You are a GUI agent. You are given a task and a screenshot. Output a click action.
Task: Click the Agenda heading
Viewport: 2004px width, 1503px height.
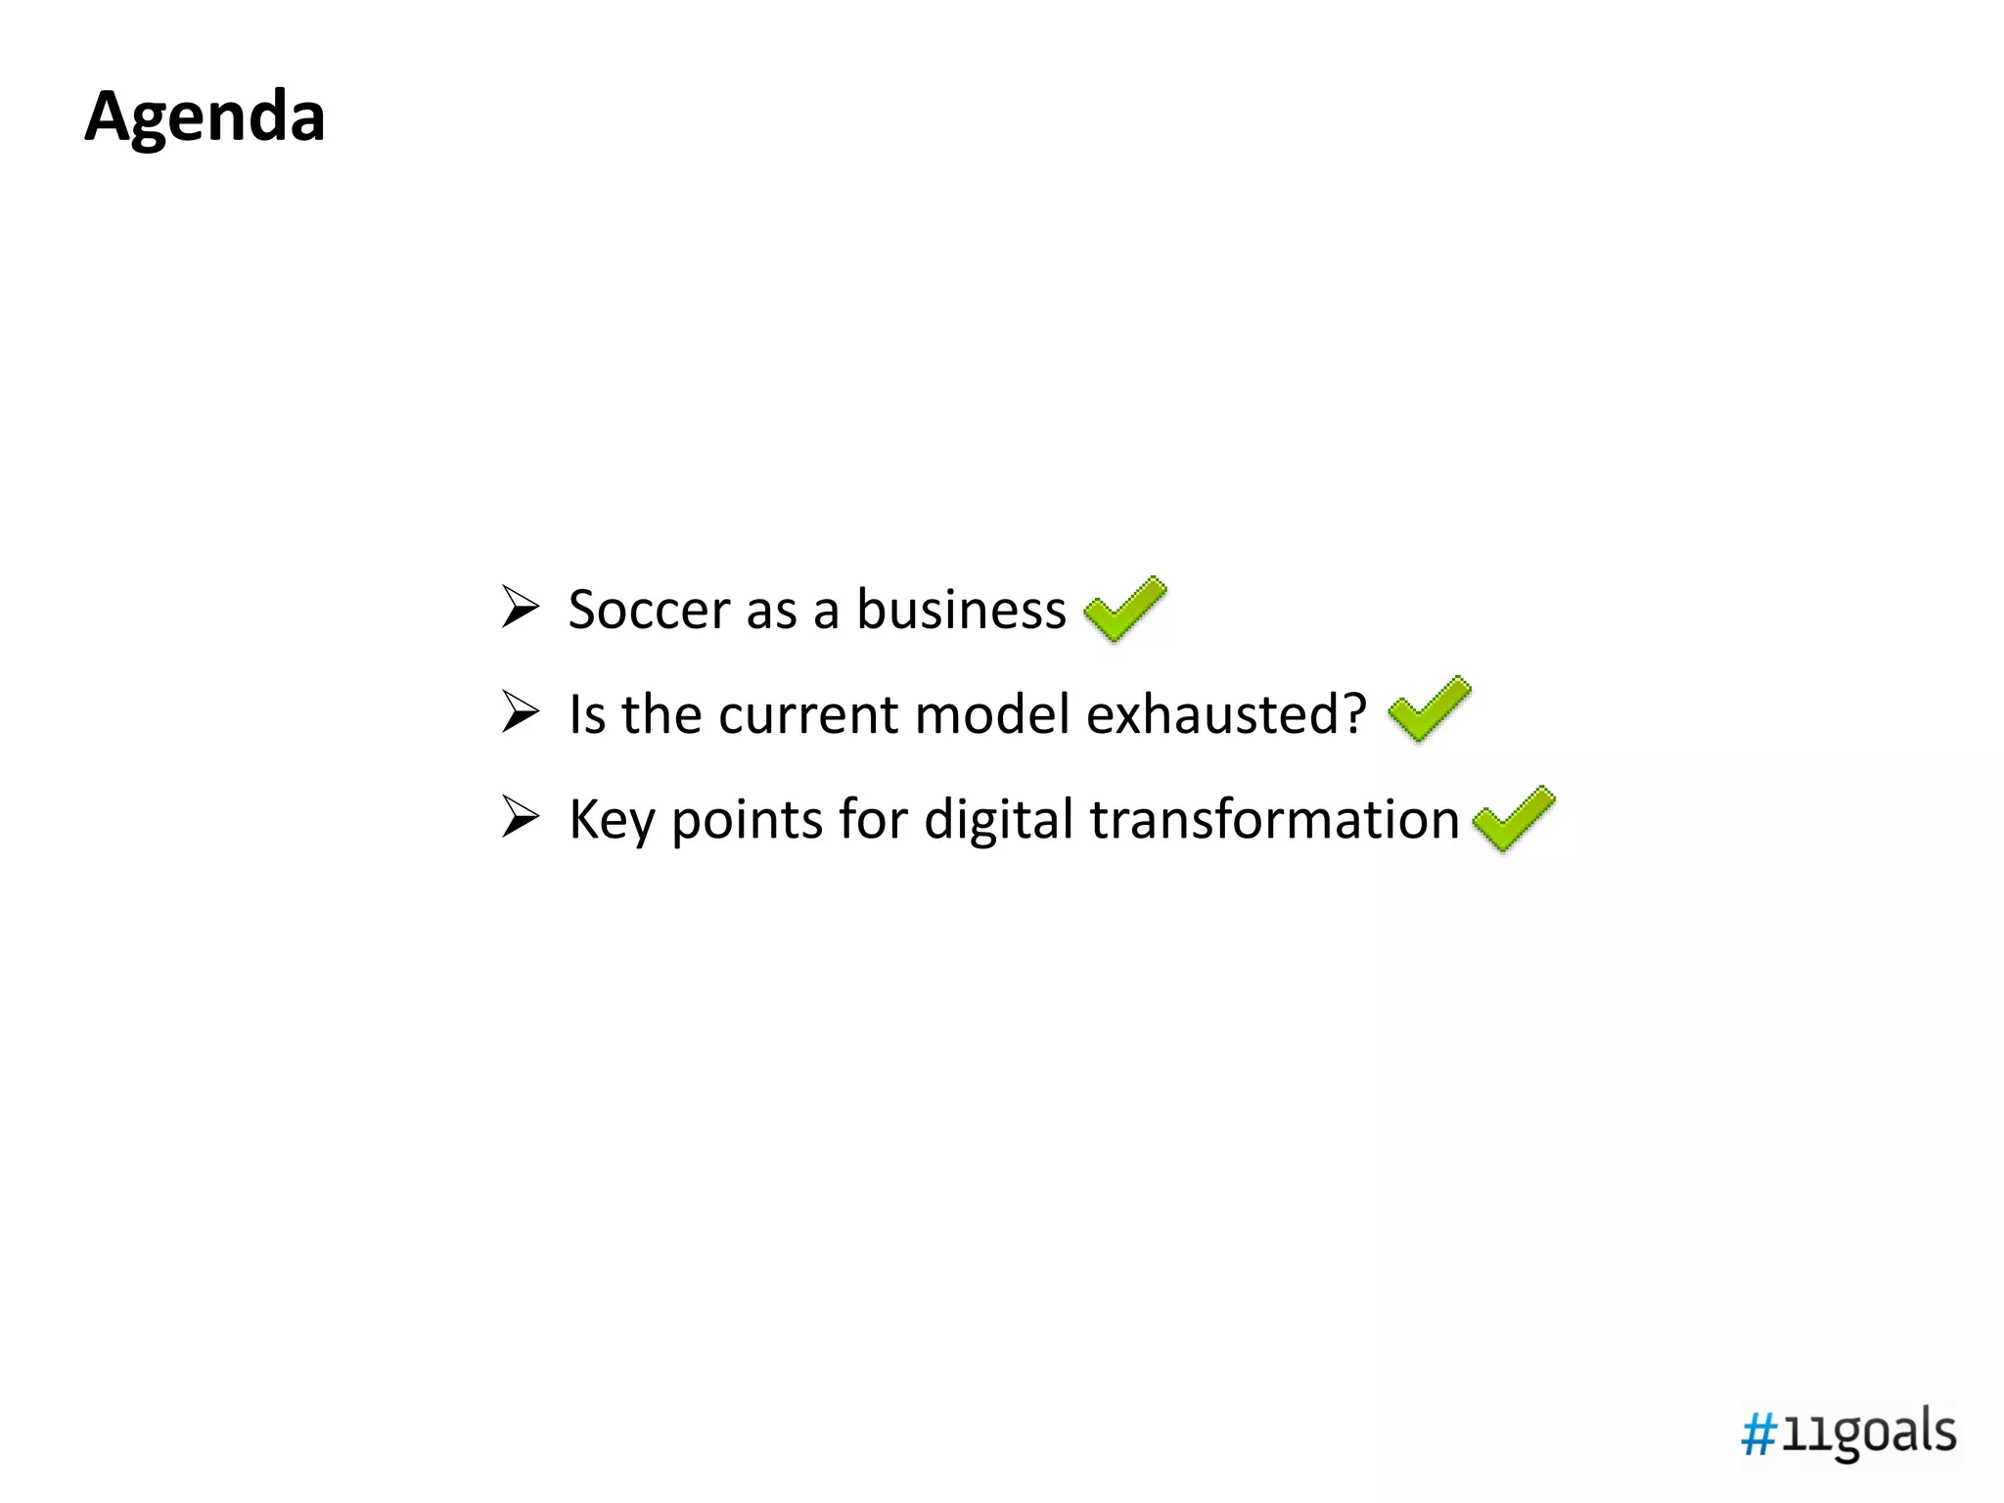[205, 116]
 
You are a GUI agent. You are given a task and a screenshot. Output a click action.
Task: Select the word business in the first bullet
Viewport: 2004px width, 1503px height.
[961, 610]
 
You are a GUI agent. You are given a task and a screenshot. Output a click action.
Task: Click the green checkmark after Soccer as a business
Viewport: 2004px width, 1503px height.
[1125, 609]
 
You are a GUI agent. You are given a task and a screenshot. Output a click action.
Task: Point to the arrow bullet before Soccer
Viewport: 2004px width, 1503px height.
[520, 607]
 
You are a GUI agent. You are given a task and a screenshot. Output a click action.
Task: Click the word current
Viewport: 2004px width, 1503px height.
[808, 714]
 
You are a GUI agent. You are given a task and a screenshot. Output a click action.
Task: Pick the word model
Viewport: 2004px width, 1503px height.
[992, 714]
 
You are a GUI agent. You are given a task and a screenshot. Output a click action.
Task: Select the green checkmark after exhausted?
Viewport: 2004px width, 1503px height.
[1429, 708]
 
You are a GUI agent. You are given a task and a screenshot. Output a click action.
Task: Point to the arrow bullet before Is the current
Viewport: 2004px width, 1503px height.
[520, 711]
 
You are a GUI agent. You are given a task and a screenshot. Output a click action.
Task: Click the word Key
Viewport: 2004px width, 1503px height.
[612, 820]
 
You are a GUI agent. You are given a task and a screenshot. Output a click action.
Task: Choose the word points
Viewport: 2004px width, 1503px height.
[747, 820]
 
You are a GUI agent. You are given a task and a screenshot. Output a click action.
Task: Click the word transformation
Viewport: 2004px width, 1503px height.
[1274, 820]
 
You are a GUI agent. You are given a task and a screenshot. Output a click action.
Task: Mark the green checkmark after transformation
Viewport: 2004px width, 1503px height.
[1514, 818]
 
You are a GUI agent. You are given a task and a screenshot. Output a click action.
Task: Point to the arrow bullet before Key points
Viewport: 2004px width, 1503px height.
[520, 816]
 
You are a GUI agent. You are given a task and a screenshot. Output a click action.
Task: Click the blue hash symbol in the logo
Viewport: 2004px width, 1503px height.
[1758, 1435]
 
